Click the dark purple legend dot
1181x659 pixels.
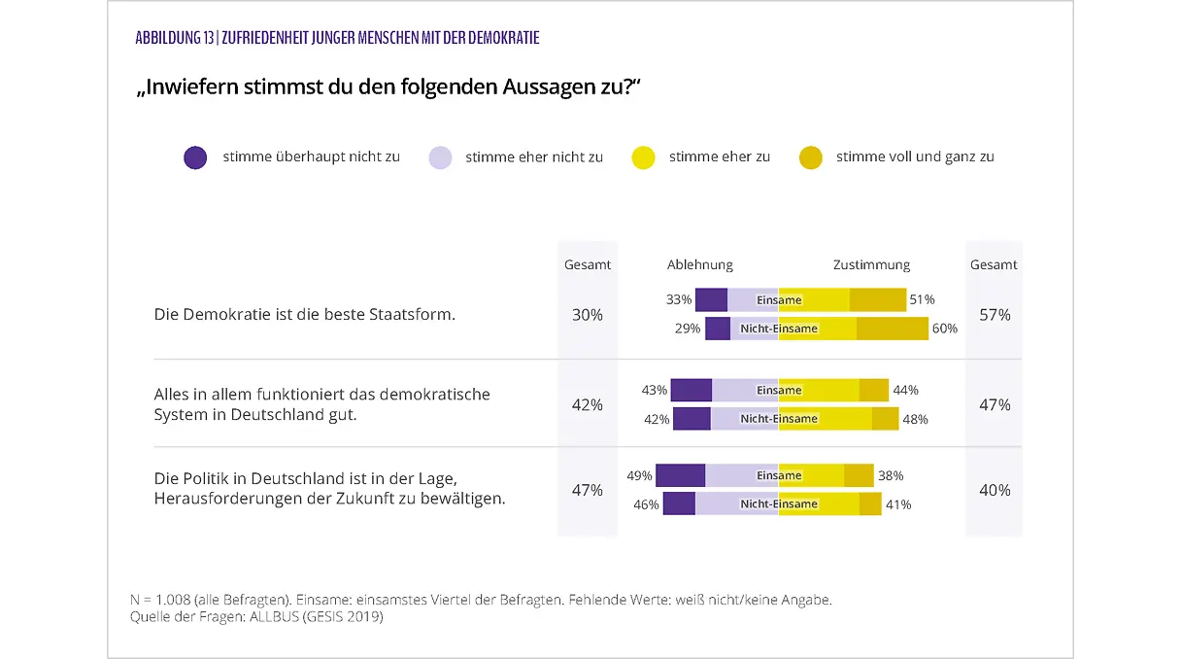(x=195, y=157)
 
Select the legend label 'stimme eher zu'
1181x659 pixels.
(x=719, y=156)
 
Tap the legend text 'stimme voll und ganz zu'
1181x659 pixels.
(x=914, y=156)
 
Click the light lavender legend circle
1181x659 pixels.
(x=440, y=157)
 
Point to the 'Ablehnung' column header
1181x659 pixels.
(x=699, y=264)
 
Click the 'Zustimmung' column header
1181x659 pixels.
(x=871, y=264)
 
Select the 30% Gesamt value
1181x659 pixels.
(x=587, y=315)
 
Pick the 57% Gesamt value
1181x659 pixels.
(x=995, y=315)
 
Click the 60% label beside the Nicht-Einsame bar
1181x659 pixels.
(x=944, y=329)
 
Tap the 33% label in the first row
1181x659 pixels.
(x=679, y=300)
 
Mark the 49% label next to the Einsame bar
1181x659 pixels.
(x=639, y=476)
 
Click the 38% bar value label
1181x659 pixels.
(x=891, y=476)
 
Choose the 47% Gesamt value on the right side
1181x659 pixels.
(x=995, y=404)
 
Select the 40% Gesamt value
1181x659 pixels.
(x=995, y=490)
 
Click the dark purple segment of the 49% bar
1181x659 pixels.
(x=680, y=476)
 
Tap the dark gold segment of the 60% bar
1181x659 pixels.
(x=892, y=329)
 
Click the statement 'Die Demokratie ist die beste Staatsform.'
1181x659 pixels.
(x=304, y=315)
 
